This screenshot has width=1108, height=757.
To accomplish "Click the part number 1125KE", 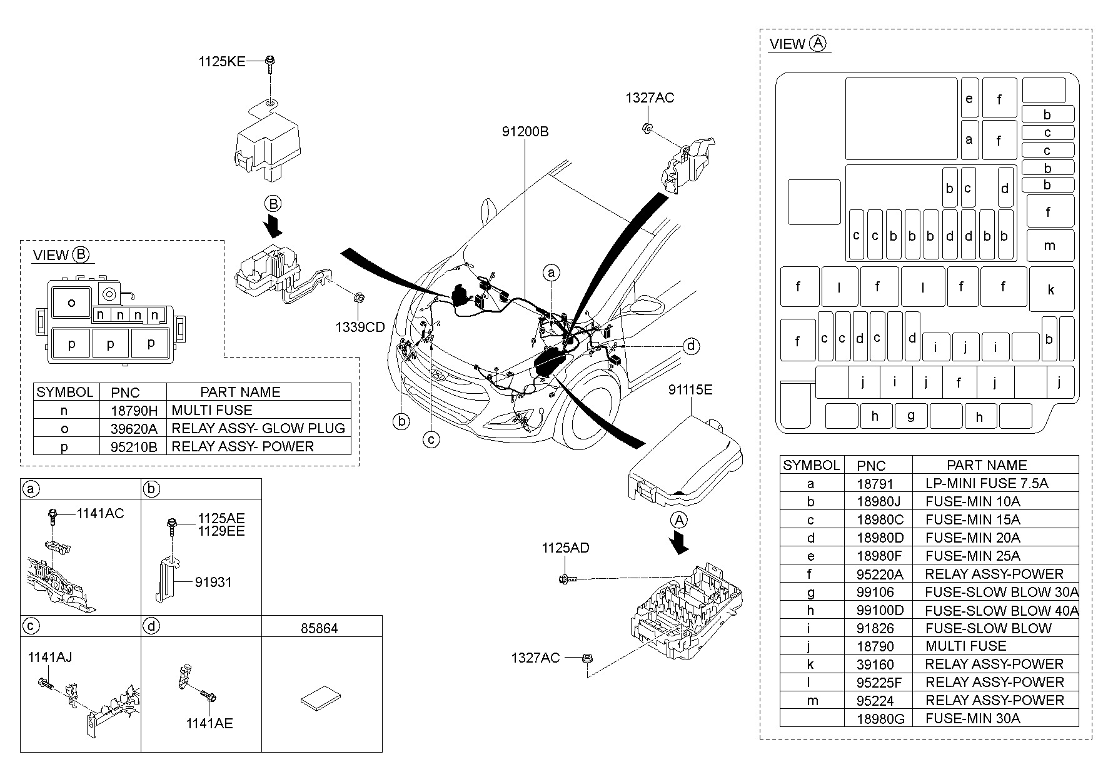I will click(222, 61).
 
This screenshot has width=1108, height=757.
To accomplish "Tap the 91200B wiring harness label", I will click(525, 132).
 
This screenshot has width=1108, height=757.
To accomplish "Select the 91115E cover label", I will click(690, 390).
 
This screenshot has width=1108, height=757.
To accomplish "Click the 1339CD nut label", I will click(360, 327).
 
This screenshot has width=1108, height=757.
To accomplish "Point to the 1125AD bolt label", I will click(565, 548).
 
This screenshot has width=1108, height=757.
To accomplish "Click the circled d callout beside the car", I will click(690, 346).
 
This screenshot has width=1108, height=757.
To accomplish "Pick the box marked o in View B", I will click(71, 303).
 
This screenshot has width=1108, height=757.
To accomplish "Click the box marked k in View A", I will click(1051, 289).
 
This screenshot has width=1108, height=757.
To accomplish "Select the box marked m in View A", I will click(1050, 246).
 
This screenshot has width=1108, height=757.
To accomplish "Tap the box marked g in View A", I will click(910, 415).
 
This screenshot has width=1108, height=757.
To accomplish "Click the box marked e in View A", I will click(969, 98).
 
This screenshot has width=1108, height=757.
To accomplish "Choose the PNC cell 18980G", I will click(880, 719).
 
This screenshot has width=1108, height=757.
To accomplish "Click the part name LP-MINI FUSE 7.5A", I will click(986, 483).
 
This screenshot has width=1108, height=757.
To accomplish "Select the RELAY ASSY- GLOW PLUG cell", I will click(258, 428).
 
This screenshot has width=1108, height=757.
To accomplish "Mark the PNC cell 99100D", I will click(880, 610).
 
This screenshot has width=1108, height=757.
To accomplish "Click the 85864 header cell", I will click(319, 628).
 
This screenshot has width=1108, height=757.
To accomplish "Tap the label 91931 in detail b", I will click(213, 582).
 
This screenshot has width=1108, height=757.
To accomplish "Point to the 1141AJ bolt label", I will click(49, 657).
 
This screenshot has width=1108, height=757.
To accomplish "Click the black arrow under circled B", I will click(273, 226).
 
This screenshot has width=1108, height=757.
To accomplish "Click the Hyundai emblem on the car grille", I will click(439, 375).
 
